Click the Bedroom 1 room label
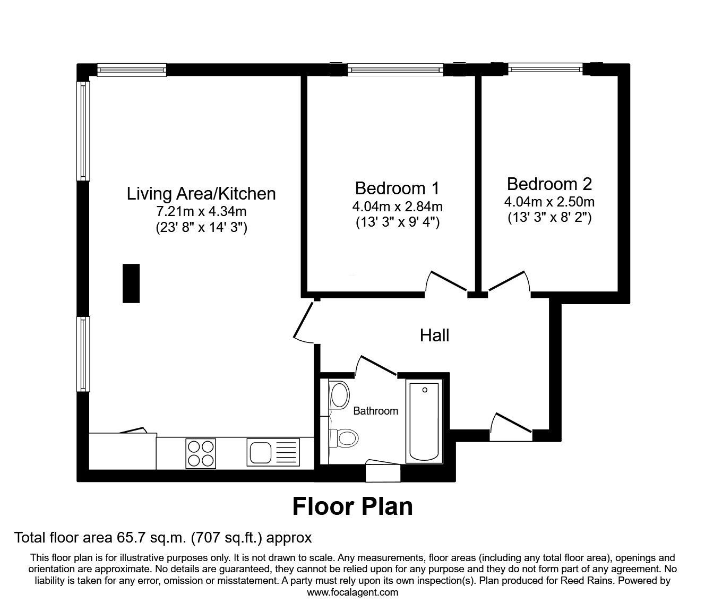(397, 188)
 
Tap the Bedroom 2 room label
(549, 184)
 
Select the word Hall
(434, 335)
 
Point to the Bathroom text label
(375, 411)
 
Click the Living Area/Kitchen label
(201, 194)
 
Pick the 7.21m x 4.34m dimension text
(201, 211)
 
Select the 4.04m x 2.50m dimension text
(549, 202)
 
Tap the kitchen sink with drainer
(273, 453)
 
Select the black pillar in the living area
(131, 283)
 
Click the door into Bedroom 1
(446, 282)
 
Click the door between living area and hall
(303, 322)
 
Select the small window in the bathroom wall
(383, 472)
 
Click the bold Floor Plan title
(353, 506)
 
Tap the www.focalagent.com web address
(353, 592)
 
